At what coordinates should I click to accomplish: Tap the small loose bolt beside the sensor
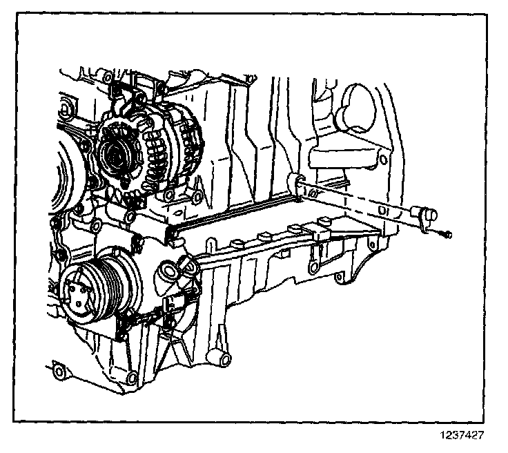446,235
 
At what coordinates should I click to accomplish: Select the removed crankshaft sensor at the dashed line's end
422,213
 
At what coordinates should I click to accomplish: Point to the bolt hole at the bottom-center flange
131,377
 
